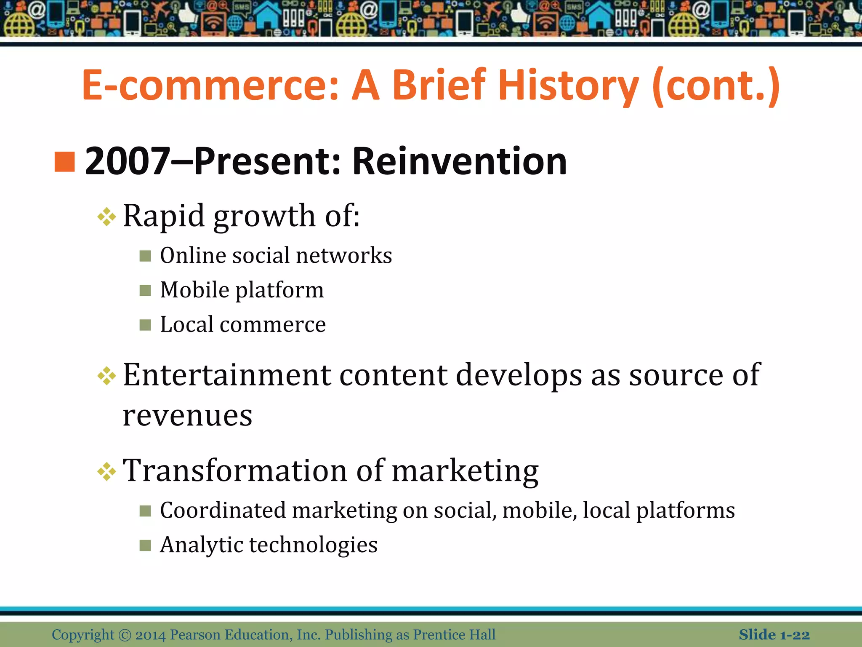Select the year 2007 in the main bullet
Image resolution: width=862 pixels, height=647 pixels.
click(127, 161)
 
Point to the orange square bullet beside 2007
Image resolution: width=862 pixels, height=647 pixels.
click(65, 162)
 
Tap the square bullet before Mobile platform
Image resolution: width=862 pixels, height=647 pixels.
click(145, 290)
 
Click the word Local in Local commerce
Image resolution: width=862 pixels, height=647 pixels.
click(187, 324)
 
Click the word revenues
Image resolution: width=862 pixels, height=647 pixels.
click(187, 416)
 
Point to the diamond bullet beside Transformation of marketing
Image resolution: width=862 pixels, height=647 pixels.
click(106, 472)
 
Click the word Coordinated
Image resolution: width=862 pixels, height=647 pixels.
click(223, 511)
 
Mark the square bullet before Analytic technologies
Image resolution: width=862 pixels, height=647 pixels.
click(145, 545)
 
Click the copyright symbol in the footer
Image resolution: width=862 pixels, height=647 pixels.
click(125, 635)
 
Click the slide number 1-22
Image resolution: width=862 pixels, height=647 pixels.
click(795, 635)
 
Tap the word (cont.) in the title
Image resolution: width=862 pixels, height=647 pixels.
click(716, 86)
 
